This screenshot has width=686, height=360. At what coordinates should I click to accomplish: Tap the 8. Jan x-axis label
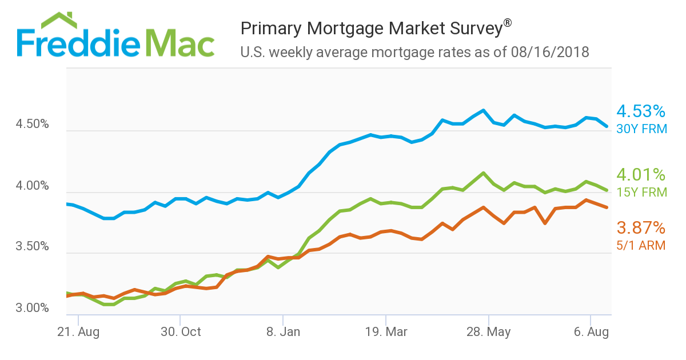(282, 332)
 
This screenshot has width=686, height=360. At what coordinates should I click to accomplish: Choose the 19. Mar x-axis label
(386, 332)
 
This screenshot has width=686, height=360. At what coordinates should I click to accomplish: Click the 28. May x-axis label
(488, 332)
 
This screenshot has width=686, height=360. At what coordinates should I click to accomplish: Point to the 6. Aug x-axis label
(591, 332)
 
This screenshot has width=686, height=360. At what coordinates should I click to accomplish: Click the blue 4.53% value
(641, 111)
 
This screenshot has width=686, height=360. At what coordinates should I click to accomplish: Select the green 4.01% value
(641, 174)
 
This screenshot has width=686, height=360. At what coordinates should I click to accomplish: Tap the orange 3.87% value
(641, 229)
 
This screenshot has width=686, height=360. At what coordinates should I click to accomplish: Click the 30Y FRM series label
(642, 129)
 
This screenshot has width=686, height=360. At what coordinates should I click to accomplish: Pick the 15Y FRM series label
(642, 192)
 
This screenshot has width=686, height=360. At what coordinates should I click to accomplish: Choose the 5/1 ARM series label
(641, 246)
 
